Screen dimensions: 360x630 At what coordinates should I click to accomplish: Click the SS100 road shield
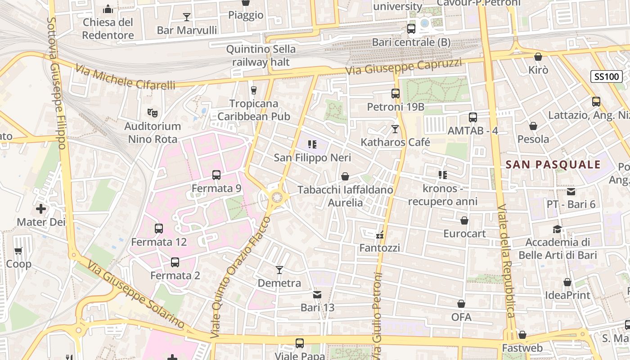[x=606, y=76]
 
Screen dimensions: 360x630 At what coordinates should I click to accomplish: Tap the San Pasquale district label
[x=553, y=164]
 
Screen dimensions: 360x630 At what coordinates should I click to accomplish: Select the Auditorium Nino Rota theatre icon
[x=153, y=112]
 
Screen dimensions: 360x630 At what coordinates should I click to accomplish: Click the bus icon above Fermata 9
[x=216, y=175]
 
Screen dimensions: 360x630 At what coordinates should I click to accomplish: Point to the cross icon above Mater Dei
[x=41, y=209]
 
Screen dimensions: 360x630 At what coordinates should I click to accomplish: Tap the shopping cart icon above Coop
[x=18, y=251]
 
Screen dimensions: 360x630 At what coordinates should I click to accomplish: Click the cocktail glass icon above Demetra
[x=279, y=270]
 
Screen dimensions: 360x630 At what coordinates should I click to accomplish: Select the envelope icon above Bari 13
[x=317, y=295]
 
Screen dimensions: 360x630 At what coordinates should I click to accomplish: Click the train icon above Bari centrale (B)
[x=411, y=29]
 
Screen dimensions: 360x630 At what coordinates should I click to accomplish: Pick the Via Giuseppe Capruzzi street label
[x=404, y=66]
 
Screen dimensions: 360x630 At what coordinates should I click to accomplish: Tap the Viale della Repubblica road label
[x=506, y=261]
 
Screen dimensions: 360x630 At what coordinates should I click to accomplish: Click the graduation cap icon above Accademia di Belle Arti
[x=558, y=229]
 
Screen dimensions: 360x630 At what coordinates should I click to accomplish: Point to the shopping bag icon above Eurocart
[x=464, y=220]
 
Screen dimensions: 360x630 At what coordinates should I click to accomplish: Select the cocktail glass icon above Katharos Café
[x=395, y=129]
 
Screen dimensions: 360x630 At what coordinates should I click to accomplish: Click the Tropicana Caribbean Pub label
[x=254, y=110]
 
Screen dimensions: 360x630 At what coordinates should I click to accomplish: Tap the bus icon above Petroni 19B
[x=396, y=94]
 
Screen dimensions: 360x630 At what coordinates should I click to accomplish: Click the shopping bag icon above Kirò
[x=538, y=57]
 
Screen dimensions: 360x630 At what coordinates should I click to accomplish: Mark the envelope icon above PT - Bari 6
[x=571, y=192]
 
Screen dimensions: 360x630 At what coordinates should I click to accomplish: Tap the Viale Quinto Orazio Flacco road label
[x=240, y=277]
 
